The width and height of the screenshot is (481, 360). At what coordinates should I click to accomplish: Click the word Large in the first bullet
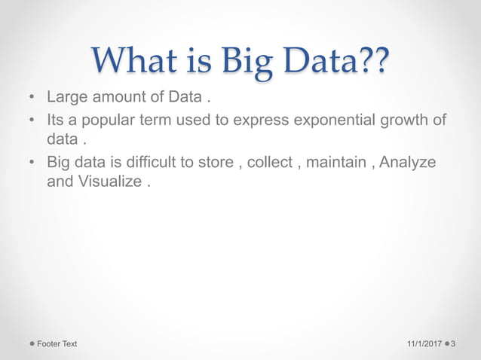point(66,98)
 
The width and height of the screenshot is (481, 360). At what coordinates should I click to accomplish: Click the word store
point(213,162)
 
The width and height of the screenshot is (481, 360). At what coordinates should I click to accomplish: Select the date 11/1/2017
point(423,344)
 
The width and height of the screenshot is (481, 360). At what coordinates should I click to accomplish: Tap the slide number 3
point(454,344)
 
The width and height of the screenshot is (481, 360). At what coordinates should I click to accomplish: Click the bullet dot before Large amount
point(31,99)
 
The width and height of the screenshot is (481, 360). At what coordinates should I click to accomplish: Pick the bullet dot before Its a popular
point(31,121)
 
